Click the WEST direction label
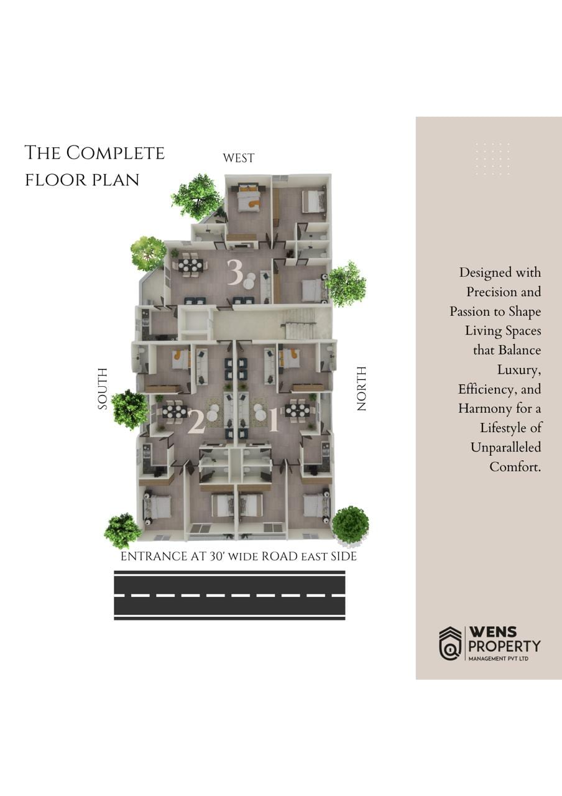pos(238,158)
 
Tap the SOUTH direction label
pos(103,389)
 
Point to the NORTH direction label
pos(361,389)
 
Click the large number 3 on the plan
pos(234,273)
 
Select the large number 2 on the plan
pos(196,422)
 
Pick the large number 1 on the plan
pos(273,421)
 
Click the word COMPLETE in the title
pos(116,153)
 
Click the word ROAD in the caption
pos(280,557)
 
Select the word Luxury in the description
pos(518,370)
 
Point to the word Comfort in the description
pos(515,466)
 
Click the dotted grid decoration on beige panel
pos(492,159)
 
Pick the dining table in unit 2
pos(175,411)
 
